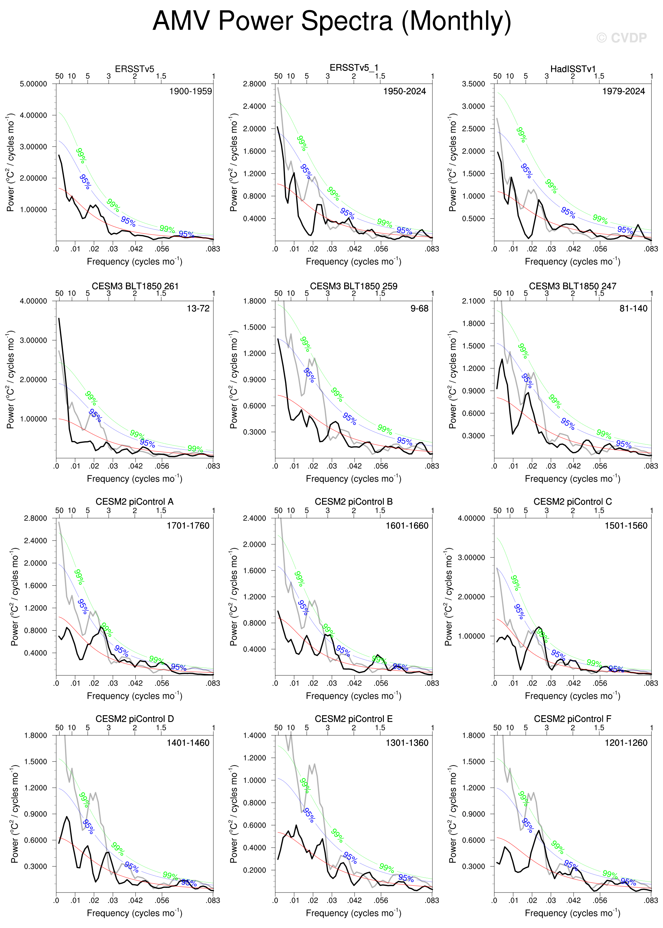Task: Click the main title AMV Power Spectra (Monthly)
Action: [331, 21]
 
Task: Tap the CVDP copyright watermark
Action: [621, 38]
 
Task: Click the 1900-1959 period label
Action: [191, 91]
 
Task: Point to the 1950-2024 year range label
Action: [404, 91]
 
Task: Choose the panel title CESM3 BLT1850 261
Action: [135, 286]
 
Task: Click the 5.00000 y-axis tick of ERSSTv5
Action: [34, 84]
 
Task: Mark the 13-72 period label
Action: [198, 309]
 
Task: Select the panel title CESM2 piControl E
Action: [354, 719]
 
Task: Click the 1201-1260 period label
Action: [626, 743]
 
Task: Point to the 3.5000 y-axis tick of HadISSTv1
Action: [474, 84]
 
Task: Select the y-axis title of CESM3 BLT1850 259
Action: [234, 380]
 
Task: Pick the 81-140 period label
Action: [633, 309]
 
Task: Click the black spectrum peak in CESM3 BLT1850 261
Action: [59, 319]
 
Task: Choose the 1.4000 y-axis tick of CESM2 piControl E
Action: [254, 736]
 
